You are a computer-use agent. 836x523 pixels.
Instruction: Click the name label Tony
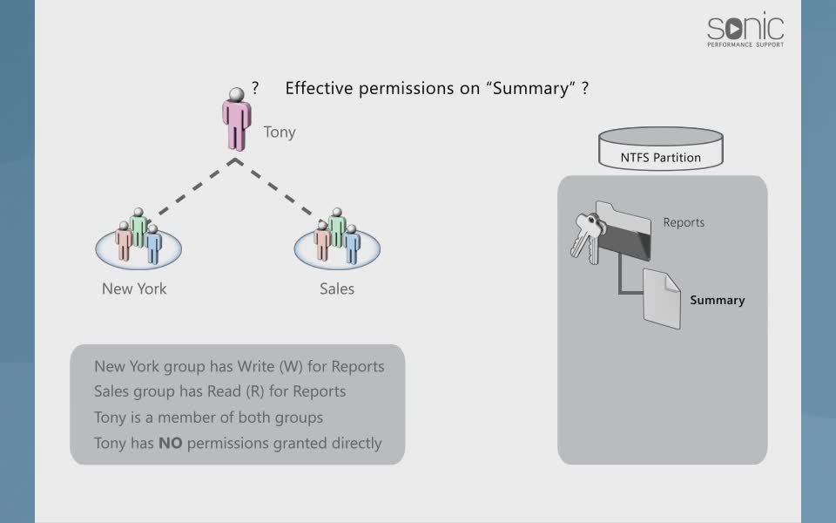click(280, 132)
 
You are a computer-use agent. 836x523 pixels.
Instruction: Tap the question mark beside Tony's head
click(255, 88)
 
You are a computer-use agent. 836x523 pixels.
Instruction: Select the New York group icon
click(138, 239)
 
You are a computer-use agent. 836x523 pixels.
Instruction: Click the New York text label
click(134, 289)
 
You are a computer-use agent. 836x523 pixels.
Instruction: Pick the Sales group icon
click(337, 239)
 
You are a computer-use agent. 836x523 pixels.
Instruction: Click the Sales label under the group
click(337, 289)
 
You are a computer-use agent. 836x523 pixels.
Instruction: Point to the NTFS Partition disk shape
click(661, 149)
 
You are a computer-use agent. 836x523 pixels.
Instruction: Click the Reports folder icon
click(624, 234)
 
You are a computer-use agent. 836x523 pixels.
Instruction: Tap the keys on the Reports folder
click(586, 235)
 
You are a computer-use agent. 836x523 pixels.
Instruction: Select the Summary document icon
click(662, 298)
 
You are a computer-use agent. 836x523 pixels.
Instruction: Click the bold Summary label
click(718, 300)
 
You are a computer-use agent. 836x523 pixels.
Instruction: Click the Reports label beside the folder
click(684, 222)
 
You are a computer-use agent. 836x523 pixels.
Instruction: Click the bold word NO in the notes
click(169, 443)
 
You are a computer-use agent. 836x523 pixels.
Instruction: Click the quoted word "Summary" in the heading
click(531, 88)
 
